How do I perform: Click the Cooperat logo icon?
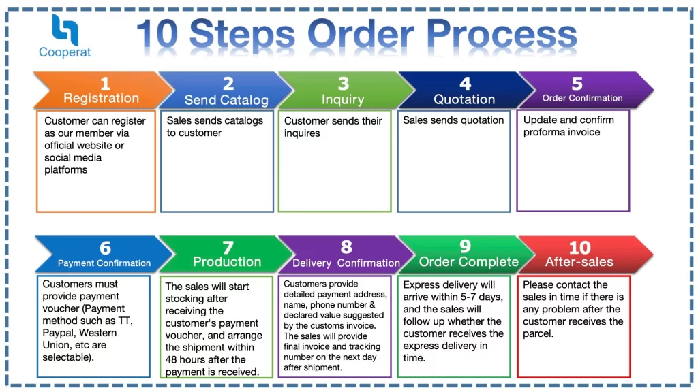(x=65, y=29)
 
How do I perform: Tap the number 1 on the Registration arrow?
(x=104, y=84)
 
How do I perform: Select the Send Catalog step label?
(x=226, y=100)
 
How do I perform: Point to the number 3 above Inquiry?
(x=344, y=84)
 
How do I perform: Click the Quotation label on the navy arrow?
(x=464, y=99)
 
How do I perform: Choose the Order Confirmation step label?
(x=582, y=98)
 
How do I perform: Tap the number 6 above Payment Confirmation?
(x=105, y=248)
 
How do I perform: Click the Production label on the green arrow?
(x=227, y=262)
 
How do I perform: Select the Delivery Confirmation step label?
(x=346, y=263)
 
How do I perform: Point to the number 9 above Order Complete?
(x=466, y=246)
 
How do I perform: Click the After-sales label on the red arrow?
(x=579, y=262)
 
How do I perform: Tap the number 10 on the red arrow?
(x=579, y=247)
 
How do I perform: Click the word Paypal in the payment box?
(x=57, y=333)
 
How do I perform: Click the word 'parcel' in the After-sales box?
(x=538, y=333)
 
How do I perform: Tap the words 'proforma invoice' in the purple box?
(x=562, y=132)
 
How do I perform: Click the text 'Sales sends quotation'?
(x=453, y=120)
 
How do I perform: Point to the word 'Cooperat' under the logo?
(x=65, y=52)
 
